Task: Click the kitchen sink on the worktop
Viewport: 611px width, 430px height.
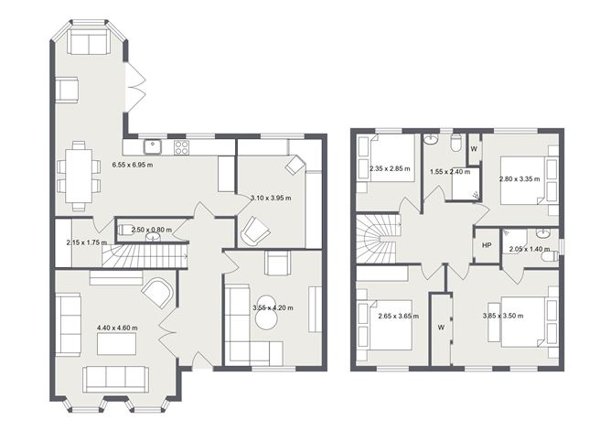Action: click(x=152, y=145)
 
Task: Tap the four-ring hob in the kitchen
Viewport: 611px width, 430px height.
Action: click(x=181, y=145)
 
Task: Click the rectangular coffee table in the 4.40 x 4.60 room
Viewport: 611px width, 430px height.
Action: click(x=117, y=344)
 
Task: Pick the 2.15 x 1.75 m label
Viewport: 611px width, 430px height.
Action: click(x=86, y=242)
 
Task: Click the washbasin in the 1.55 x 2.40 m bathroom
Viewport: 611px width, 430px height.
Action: click(x=431, y=140)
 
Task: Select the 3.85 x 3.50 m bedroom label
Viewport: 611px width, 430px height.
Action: click(x=502, y=316)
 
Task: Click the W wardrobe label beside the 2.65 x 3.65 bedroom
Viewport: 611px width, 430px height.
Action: click(x=441, y=327)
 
